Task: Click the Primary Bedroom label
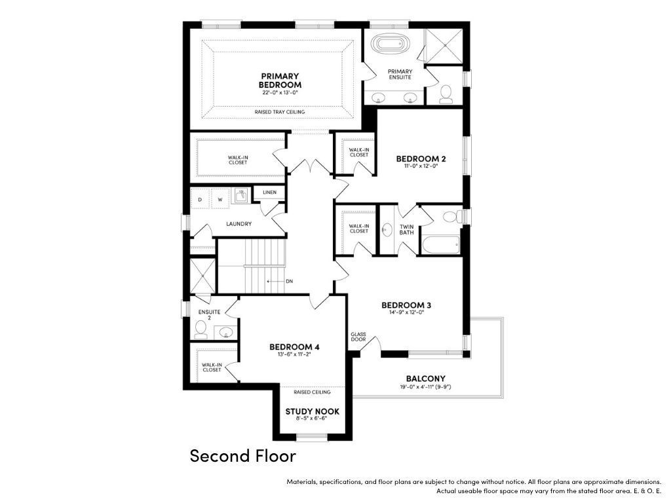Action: tap(280, 81)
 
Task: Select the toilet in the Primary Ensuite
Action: tap(446, 94)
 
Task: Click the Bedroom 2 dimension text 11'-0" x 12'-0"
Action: tap(421, 166)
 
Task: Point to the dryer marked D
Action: tap(199, 199)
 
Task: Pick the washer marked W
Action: tap(220, 199)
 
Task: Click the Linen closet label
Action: tap(269, 193)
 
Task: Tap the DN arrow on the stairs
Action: tap(276, 282)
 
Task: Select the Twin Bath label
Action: tap(406, 230)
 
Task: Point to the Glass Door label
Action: tap(358, 337)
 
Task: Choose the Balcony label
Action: tap(425, 379)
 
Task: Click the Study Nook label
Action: tap(313, 411)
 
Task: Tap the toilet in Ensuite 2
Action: tap(201, 329)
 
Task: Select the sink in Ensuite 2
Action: tap(225, 332)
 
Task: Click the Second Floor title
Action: tap(242, 456)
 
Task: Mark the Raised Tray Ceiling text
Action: tap(280, 112)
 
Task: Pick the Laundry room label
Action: tap(239, 224)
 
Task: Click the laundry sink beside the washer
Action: tap(241, 196)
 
